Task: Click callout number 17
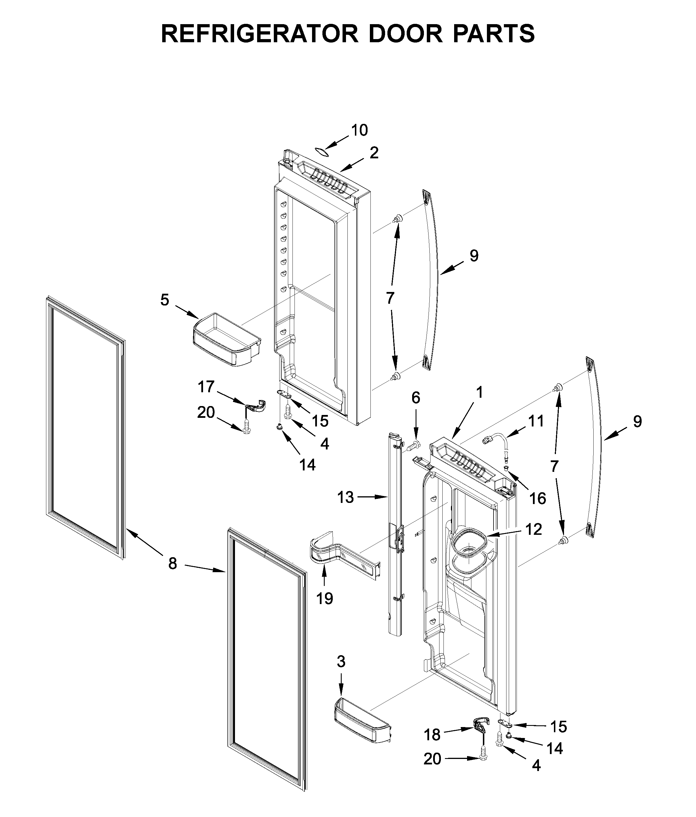(206, 387)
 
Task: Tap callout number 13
(345, 498)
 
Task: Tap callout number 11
(536, 421)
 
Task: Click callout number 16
(538, 498)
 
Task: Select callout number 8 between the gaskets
(173, 564)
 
